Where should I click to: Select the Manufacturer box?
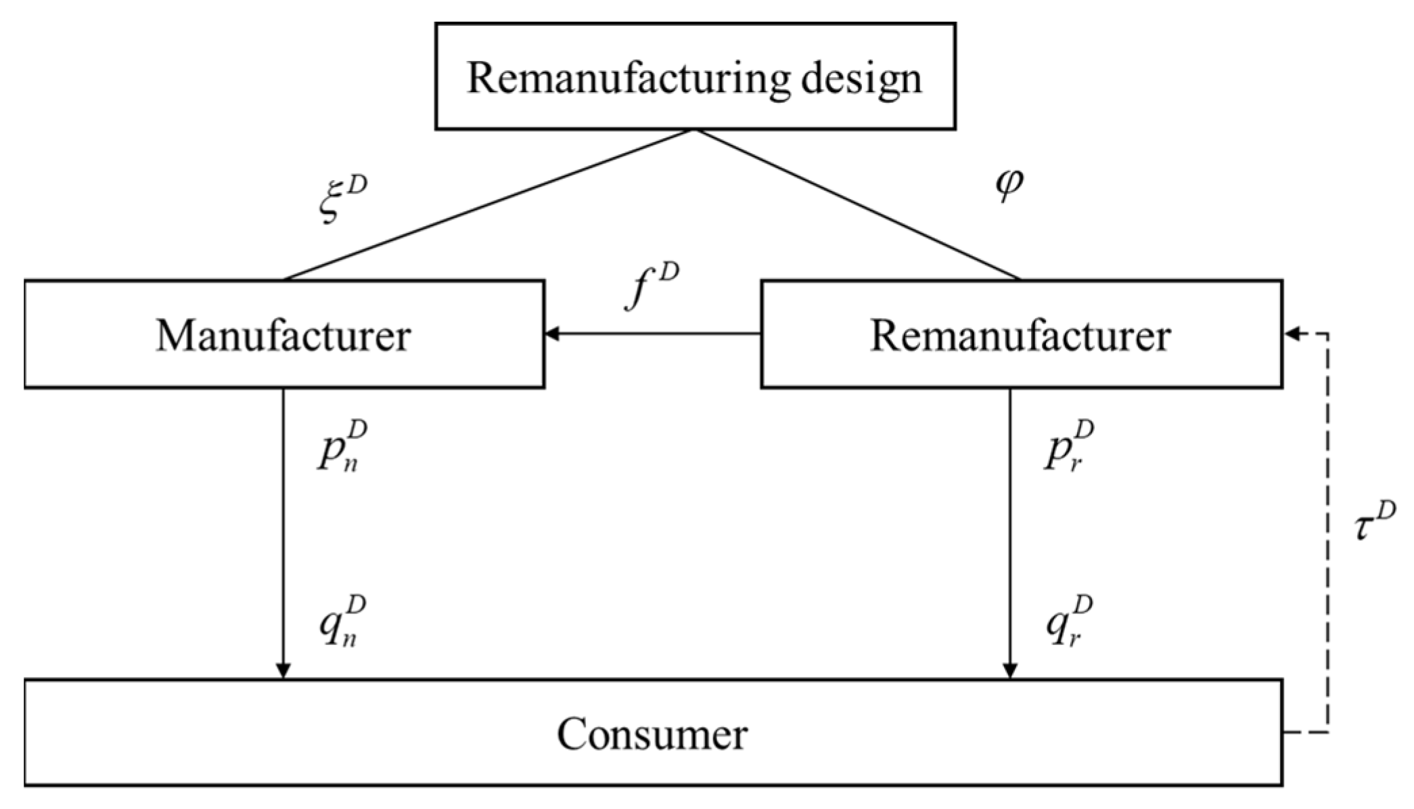coord(284,334)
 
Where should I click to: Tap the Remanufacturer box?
coord(1021,334)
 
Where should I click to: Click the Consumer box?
coord(653,733)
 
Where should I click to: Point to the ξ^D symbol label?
coord(342,200)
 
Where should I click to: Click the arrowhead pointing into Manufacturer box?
coord(552,334)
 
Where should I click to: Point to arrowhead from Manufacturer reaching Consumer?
coord(283,670)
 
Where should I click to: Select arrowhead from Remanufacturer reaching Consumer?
coord(1009,670)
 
